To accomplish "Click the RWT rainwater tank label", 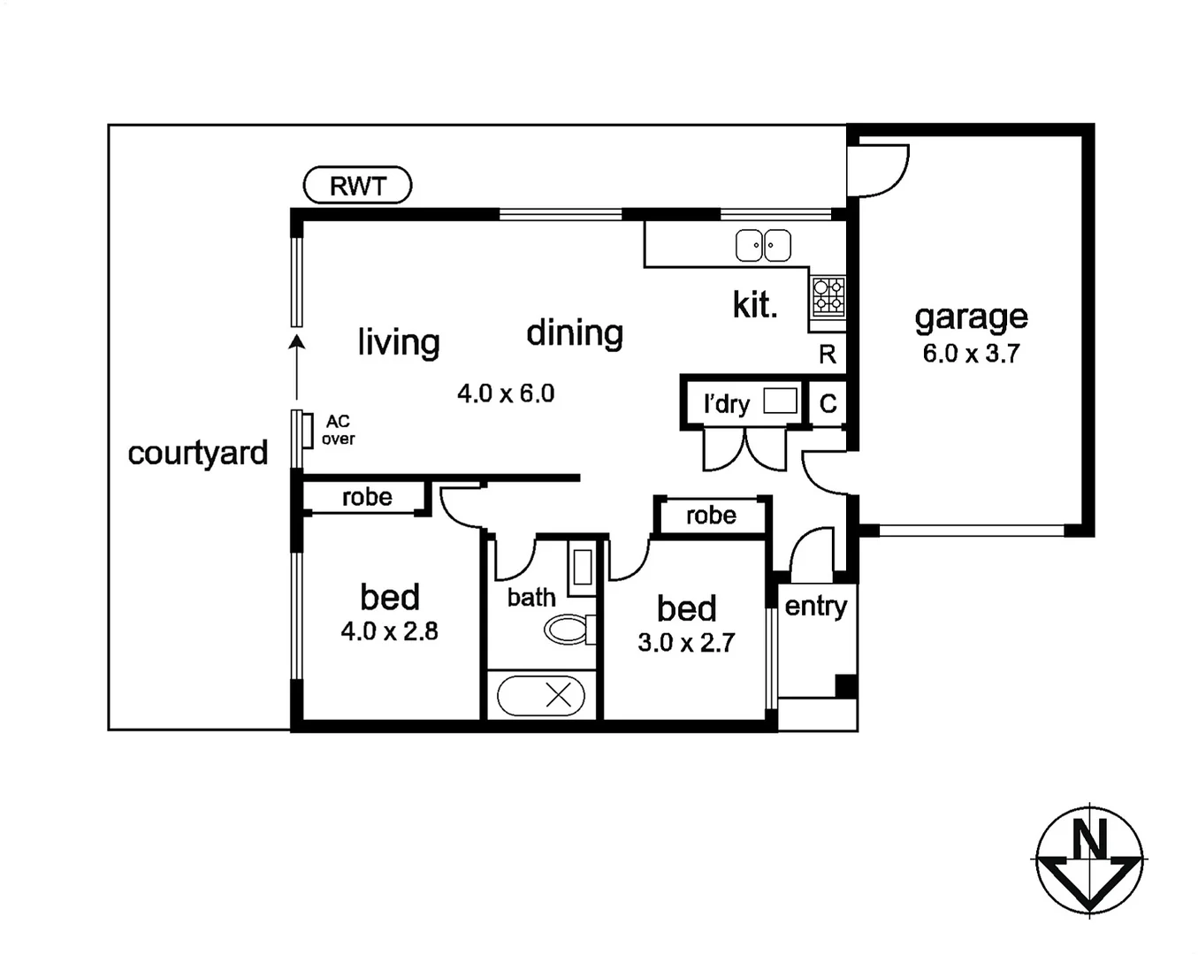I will tap(357, 186).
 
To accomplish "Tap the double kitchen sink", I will tap(763, 246).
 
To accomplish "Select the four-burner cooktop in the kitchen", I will tap(828, 296).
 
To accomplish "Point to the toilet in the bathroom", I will tap(568, 630).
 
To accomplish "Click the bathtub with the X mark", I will tap(541, 696).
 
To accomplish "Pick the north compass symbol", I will tap(1089, 859).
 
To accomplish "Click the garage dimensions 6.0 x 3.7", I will tap(971, 354).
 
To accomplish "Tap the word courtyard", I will tap(197, 453).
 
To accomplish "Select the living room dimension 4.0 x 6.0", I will tap(506, 393).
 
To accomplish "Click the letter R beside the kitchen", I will tap(828, 355).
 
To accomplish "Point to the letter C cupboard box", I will tap(828, 404).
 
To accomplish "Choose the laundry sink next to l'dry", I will tap(780, 401).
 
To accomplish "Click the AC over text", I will tap(338, 430).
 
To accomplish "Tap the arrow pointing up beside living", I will tap(297, 363).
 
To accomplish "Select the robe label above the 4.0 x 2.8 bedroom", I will tap(367, 497).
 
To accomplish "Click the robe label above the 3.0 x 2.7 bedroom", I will tap(711, 516).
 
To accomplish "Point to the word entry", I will tap(815, 606).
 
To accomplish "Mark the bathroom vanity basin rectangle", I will tap(582, 567).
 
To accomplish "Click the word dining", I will tap(575, 333).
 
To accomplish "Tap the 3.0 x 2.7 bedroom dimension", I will tap(686, 643).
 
